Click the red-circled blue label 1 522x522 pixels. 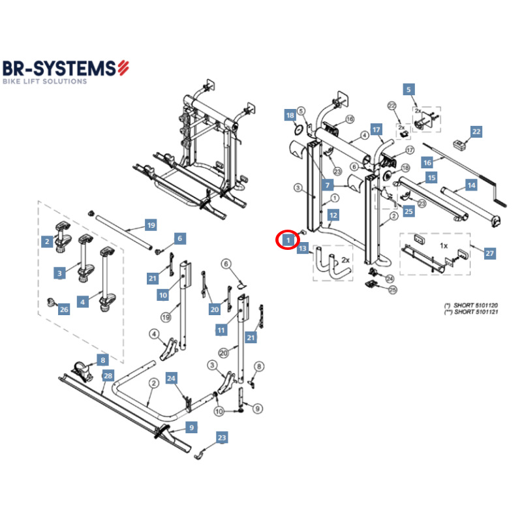(288, 241)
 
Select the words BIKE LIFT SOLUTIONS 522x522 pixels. (44, 82)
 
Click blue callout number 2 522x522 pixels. (47, 241)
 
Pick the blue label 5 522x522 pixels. (409, 89)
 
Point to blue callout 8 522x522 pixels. (102, 360)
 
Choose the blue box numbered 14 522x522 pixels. (471, 186)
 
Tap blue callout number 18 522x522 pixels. (290, 115)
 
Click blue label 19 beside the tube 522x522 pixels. (151, 226)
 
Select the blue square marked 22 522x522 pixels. (476, 132)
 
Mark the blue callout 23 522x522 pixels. (223, 438)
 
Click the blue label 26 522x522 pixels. (63, 309)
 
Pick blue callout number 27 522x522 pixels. (490, 253)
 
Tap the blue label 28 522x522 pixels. (108, 376)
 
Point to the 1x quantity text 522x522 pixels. (444, 247)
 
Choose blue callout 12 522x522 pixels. (333, 215)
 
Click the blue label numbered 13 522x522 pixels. (302, 249)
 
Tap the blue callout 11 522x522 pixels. (221, 330)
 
